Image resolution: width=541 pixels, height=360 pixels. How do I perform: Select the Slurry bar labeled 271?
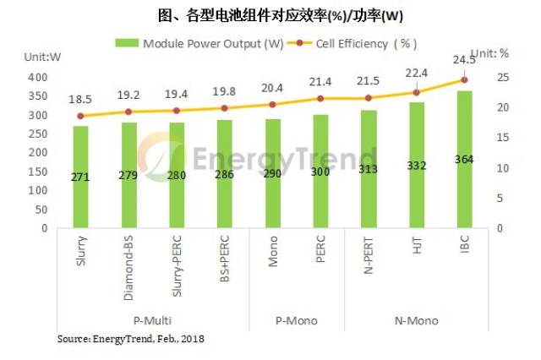tap(80, 177)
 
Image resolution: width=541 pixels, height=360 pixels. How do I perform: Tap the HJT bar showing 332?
tap(417, 166)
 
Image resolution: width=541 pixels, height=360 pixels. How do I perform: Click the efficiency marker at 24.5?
tap(464, 80)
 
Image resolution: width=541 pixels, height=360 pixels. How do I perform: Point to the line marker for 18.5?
tap(80, 116)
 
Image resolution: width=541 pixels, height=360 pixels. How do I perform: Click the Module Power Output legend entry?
tap(199, 42)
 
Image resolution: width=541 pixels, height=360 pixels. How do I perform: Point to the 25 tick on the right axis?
tap(502, 78)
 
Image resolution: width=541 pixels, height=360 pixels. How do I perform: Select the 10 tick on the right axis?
tap(502, 168)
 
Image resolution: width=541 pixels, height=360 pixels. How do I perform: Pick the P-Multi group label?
tap(153, 320)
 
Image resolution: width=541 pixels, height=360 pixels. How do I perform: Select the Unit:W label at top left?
tap(38, 57)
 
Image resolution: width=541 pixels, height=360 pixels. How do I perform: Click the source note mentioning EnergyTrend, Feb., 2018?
tap(130, 339)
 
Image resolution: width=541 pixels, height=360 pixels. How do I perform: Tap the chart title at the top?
tap(270, 15)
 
